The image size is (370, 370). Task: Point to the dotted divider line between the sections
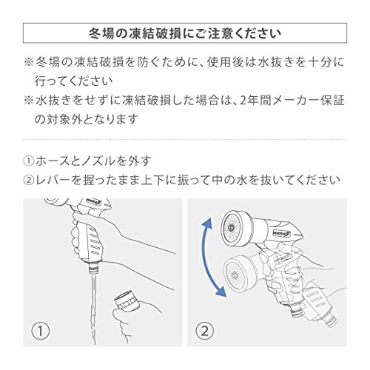click(x=184, y=138)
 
